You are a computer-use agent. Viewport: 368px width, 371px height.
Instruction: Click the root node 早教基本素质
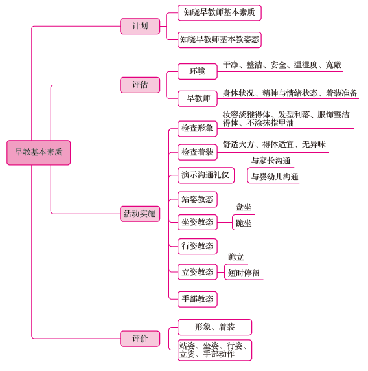(x=39, y=153)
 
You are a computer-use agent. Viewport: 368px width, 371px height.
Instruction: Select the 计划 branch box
(x=140, y=27)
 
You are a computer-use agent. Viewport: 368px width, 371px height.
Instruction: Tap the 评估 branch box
(x=140, y=85)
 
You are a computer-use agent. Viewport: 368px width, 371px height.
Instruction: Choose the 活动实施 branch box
(x=140, y=214)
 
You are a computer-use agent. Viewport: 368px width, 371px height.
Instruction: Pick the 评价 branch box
(x=140, y=339)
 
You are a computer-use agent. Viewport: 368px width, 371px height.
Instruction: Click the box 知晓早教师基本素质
(x=220, y=13)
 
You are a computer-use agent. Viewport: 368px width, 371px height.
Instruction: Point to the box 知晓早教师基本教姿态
(x=220, y=39)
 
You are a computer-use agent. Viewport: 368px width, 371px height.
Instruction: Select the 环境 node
(x=198, y=71)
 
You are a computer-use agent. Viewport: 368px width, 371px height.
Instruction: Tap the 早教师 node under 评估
(x=198, y=98)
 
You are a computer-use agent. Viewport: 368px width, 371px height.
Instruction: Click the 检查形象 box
(x=198, y=129)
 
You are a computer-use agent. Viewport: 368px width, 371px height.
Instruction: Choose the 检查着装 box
(x=198, y=152)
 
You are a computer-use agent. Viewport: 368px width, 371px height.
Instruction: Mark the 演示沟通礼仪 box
(x=206, y=175)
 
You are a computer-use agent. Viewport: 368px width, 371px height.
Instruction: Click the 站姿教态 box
(x=198, y=199)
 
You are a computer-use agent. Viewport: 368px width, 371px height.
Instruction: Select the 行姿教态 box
(x=198, y=246)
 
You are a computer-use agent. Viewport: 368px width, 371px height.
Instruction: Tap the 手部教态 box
(x=198, y=299)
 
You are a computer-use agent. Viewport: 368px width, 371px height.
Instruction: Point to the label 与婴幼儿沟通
(x=275, y=177)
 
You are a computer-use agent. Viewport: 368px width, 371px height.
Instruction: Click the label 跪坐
(x=244, y=223)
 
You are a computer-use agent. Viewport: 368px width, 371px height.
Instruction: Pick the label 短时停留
(x=244, y=273)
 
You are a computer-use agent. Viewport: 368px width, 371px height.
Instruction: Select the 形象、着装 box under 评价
(x=215, y=328)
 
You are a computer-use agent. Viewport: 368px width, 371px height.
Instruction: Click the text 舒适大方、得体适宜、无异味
(x=274, y=144)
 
